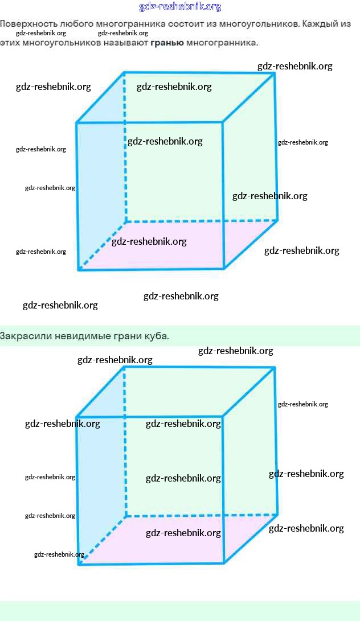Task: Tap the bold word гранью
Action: click(167, 43)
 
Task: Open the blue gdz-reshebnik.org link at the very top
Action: click(180, 7)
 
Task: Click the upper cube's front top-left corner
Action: click(77, 122)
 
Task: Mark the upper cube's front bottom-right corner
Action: click(224, 268)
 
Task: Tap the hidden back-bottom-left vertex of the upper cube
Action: click(126, 221)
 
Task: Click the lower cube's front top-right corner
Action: click(222, 417)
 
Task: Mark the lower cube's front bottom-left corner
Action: click(79, 564)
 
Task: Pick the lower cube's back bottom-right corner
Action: click(277, 515)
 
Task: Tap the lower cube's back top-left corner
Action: click(124, 367)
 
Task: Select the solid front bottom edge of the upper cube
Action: click(151, 269)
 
